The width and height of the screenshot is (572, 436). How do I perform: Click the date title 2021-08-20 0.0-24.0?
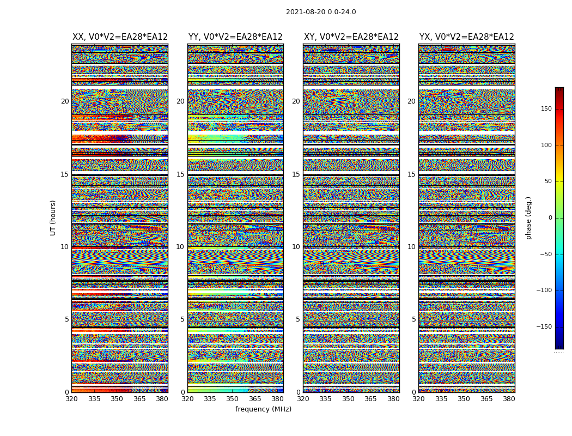321,12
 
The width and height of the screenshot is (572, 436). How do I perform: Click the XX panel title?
120,37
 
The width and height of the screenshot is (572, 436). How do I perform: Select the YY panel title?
235,37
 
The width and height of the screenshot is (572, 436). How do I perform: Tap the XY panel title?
351,37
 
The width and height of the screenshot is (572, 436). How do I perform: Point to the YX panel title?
466,37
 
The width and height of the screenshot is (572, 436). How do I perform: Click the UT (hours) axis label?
53,217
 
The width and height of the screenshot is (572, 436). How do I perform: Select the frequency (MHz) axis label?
263,409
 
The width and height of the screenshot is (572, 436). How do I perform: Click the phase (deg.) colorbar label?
528,217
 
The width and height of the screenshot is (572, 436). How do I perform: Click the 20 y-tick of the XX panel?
65,101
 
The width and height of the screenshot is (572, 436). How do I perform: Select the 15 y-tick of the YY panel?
180,174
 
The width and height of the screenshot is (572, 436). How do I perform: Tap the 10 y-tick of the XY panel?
296,247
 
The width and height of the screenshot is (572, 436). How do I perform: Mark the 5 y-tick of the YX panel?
413,319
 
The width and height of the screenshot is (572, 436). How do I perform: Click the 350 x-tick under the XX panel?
117,399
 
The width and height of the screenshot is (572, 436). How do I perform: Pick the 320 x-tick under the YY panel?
187,399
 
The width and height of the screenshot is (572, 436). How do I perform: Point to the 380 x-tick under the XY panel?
393,399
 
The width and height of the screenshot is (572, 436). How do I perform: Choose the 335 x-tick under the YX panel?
441,399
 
